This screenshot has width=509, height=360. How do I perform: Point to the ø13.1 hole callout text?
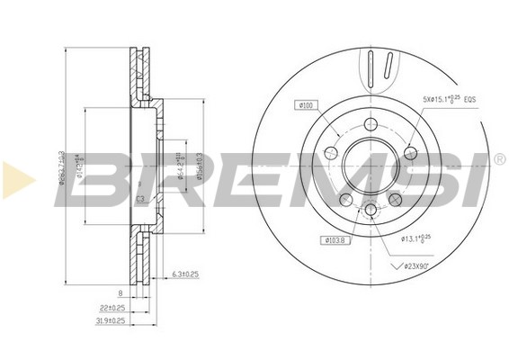419,238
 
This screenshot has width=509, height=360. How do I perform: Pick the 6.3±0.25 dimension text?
185,274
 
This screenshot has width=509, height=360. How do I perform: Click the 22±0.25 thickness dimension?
112,307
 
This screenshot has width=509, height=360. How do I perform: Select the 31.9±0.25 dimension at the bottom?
110,320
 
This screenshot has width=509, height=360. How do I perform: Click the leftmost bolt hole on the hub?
330,154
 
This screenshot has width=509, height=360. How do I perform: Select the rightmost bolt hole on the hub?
411,153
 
